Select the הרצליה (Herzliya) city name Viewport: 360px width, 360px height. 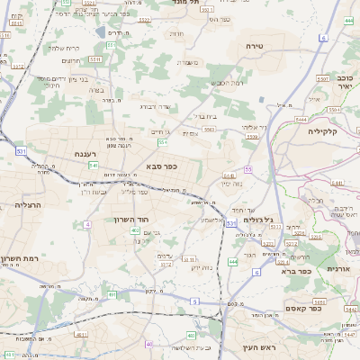click(31, 205)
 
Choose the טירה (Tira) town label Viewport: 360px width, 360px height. click(253, 44)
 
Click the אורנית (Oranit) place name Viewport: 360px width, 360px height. click(337, 269)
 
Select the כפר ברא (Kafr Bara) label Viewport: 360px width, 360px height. click(295, 270)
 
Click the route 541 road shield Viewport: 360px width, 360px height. click(94, 166)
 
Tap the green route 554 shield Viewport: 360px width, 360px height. click(163, 142)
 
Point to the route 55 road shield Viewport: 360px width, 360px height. click(248, 168)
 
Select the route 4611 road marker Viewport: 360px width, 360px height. click(81, 335)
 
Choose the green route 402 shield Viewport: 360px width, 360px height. click(134, 231)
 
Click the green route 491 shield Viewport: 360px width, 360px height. click(112, 293)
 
